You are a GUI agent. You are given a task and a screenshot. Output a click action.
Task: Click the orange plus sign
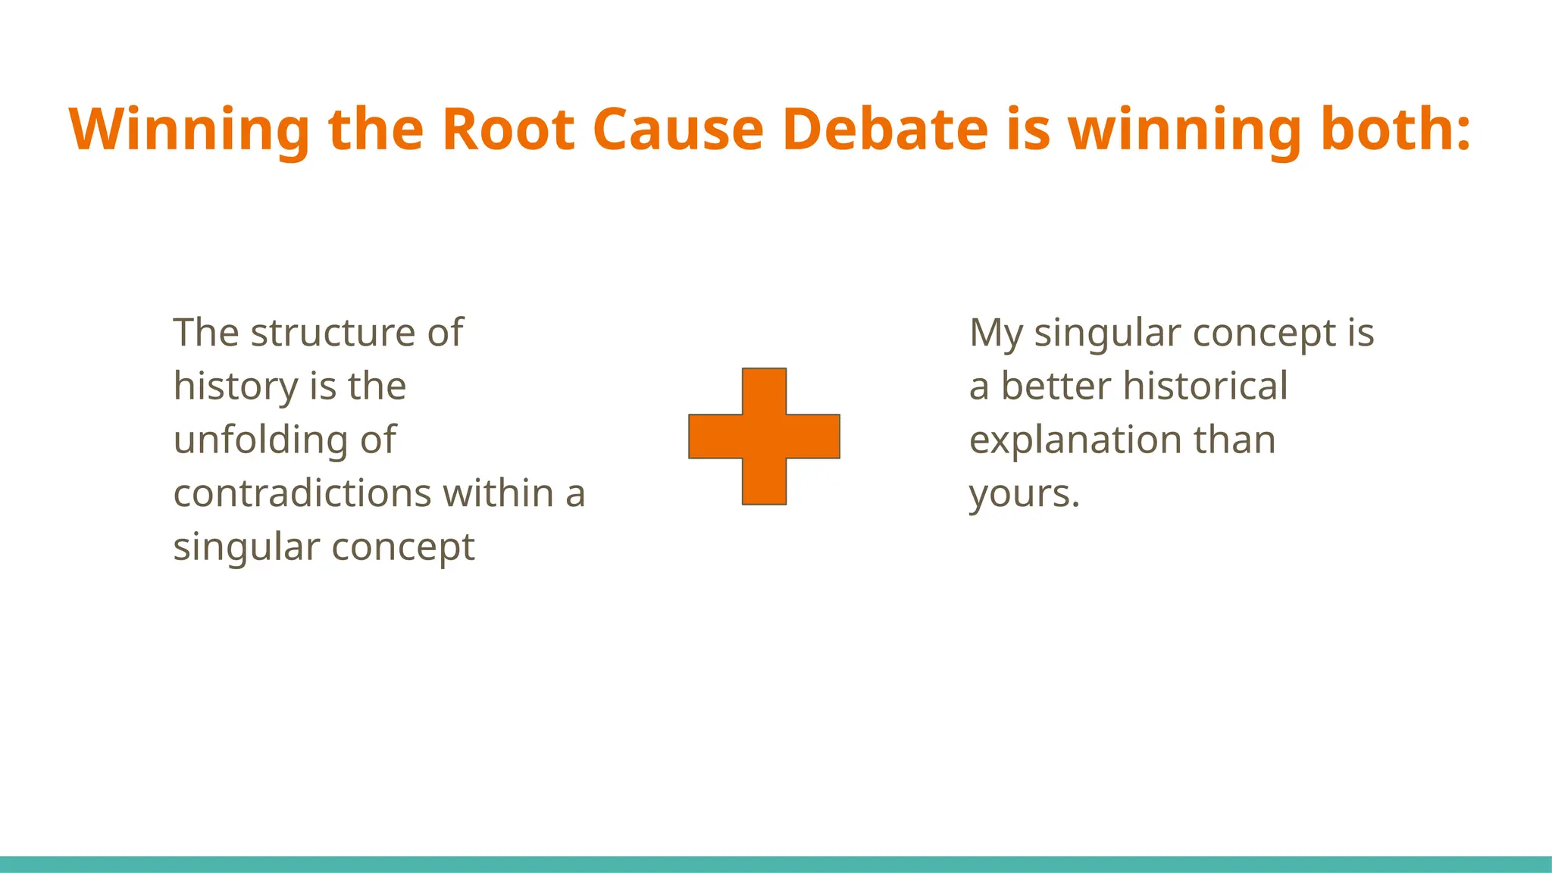click(x=764, y=436)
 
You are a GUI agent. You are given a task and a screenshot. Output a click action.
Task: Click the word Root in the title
click(x=508, y=129)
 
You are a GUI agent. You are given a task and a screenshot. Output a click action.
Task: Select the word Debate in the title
click(x=885, y=129)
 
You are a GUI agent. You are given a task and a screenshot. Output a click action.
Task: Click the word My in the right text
click(x=995, y=334)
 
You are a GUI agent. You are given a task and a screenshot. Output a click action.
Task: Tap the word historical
click(x=1205, y=386)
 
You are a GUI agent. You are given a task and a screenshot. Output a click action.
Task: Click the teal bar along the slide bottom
click(x=776, y=864)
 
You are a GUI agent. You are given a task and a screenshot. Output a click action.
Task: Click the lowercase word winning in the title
click(x=1184, y=129)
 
